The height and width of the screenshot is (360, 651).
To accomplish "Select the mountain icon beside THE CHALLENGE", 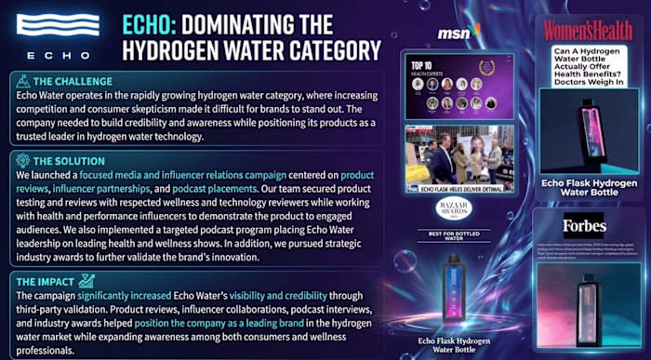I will (20, 81).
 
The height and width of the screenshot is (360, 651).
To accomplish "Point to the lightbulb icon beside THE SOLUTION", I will (20, 160).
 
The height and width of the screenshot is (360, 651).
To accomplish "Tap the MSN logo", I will (457, 33).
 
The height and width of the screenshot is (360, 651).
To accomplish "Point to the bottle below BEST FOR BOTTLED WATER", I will (455, 285).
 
